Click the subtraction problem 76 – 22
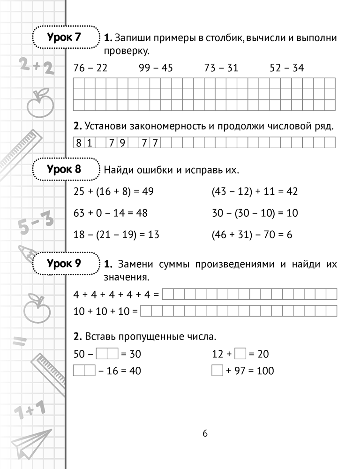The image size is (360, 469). click(x=90, y=68)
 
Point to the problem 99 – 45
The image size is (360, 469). click(x=156, y=68)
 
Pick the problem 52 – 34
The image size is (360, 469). click(x=287, y=68)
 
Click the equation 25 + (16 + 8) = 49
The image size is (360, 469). click(x=114, y=191)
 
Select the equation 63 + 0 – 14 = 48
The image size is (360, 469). click(x=111, y=213)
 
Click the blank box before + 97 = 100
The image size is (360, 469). click(x=217, y=371)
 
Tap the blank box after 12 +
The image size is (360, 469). click(x=240, y=354)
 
